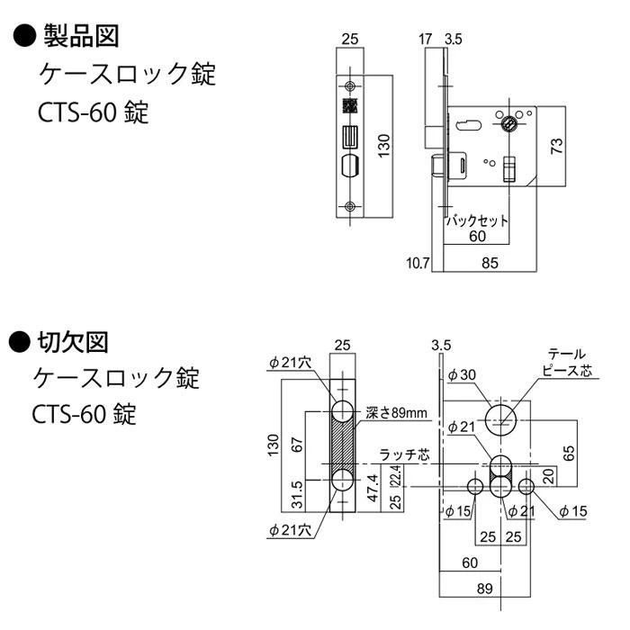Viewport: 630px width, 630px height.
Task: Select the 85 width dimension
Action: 490,263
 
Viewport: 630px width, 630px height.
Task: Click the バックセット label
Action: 478,220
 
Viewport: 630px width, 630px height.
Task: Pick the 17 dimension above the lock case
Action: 427,39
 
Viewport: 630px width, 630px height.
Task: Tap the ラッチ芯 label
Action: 401,455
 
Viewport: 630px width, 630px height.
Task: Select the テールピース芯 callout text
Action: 566,362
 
